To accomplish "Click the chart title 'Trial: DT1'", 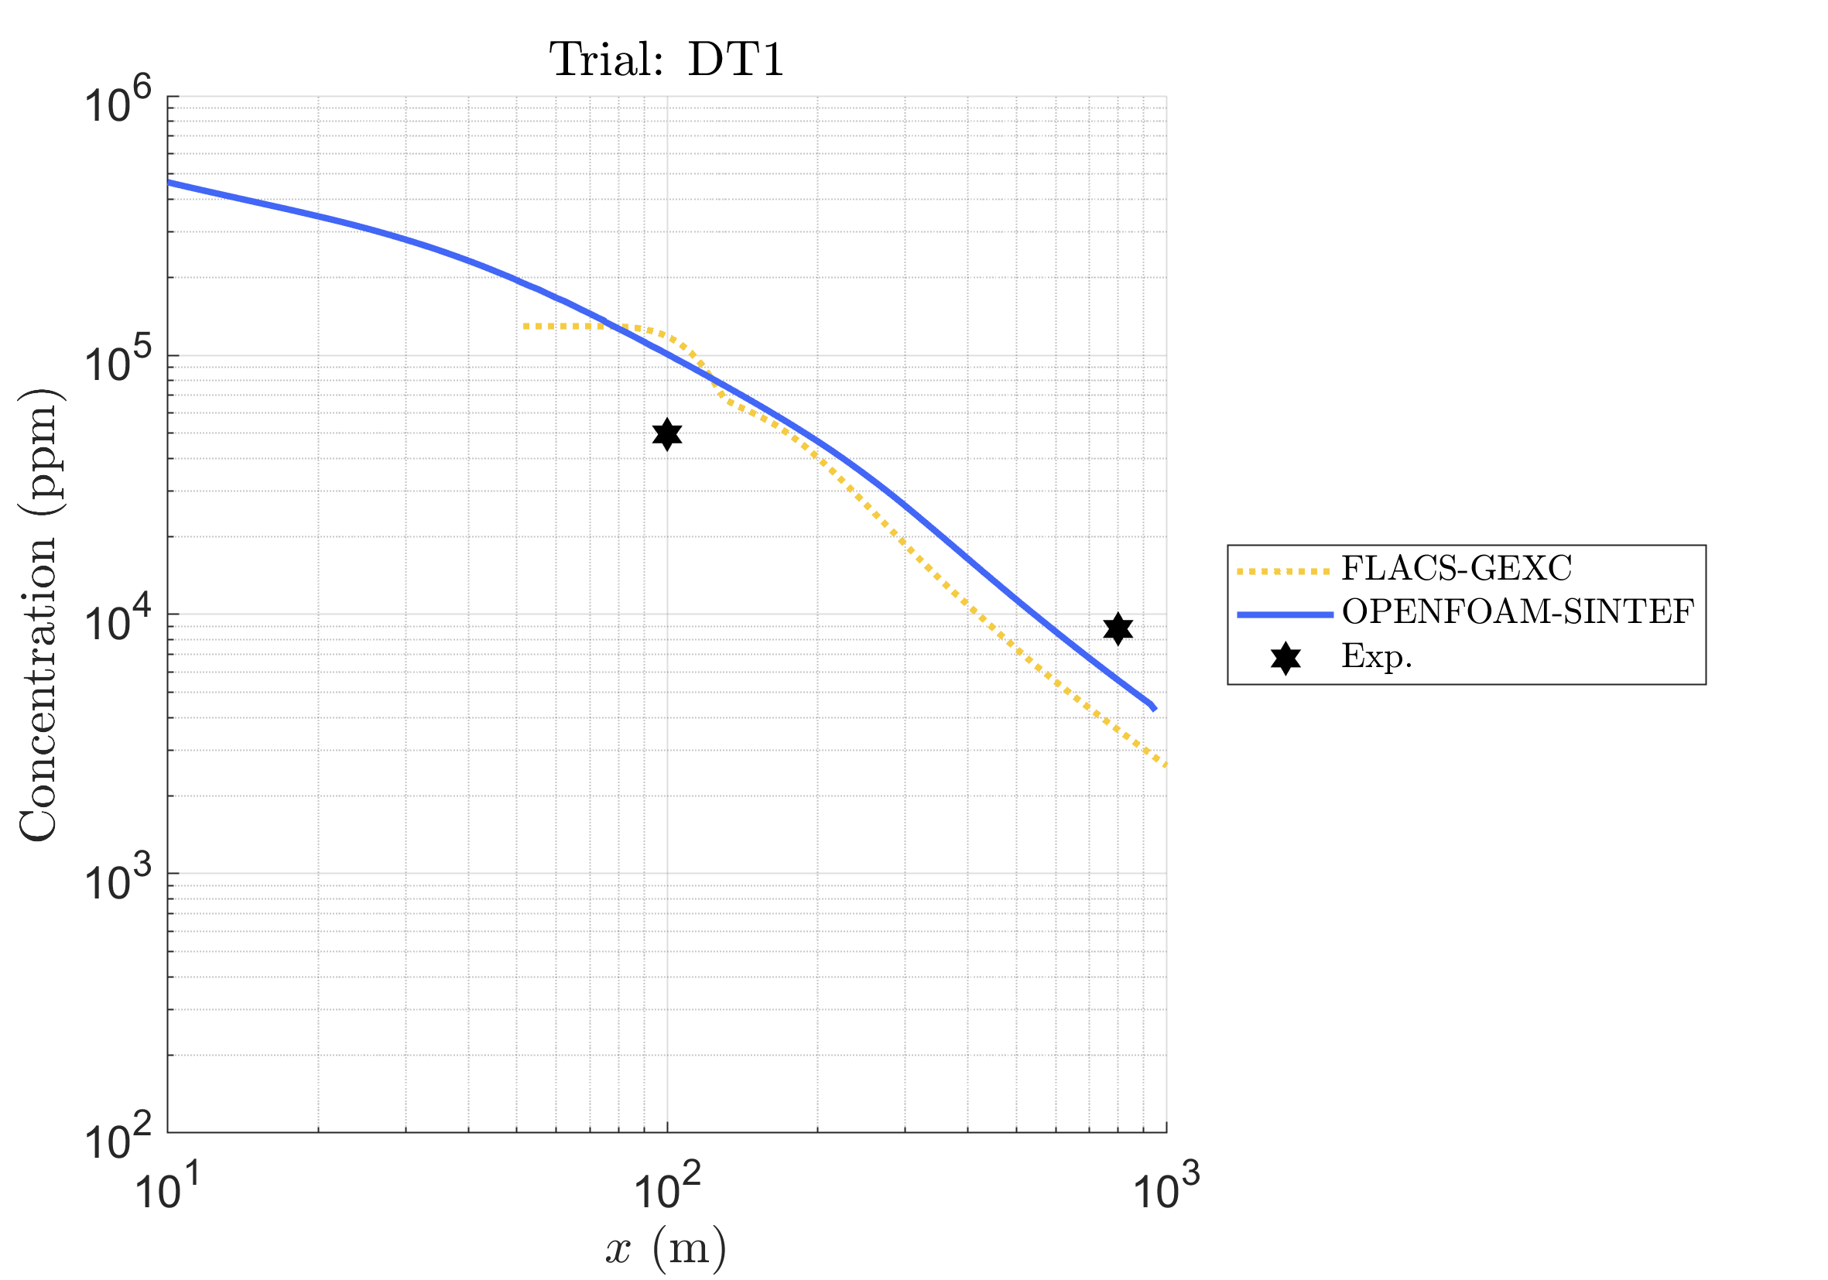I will coord(666,60).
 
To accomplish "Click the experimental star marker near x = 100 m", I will coord(667,435).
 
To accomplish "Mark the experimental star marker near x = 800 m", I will coord(1118,629).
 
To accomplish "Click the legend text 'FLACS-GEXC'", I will coord(1457,568).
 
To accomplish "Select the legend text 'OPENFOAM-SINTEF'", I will coord(1518,611).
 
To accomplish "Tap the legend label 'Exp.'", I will coord(1377,656).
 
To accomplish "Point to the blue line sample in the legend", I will coord(1285,614).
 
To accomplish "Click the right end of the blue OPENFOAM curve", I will coord(1155,707).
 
